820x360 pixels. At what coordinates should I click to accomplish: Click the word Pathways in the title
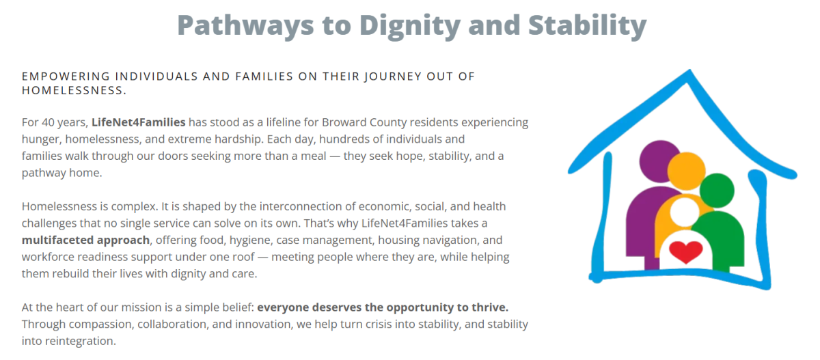pyautogui.click(x=245, y=25)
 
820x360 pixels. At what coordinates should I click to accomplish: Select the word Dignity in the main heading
pyautogui.click(x=409, y=25)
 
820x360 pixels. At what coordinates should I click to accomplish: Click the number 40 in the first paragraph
pyautogui.click(x=48, y=122)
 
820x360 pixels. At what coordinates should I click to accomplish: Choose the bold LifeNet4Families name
pyautogui.click(x=138, y=122)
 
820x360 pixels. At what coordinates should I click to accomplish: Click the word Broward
pyautogui.click(x=344, y=122)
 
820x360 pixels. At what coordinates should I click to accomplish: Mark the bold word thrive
pyautogui.click(x=490, y=307)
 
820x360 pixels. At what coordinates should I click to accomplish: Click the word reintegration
pyautogui.click(x=80, y=342)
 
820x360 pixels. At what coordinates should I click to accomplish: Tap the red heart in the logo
pyautogui.click(x=685, y=252)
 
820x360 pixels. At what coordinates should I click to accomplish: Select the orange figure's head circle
pyautogui.click(x=686, y=171)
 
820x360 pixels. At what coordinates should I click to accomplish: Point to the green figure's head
pyautogui.click(x=717, y=191)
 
